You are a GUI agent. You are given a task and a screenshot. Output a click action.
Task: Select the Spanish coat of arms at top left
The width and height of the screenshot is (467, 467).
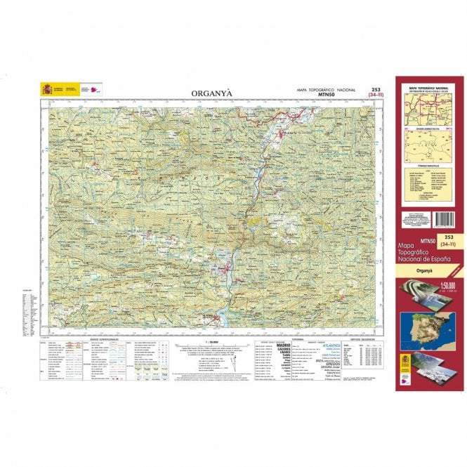tap(47, 89)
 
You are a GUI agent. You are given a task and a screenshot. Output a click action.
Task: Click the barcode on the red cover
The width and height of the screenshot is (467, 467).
tap(443, 218)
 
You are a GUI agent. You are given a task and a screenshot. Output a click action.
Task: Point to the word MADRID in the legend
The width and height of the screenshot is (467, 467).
tap(284, 346)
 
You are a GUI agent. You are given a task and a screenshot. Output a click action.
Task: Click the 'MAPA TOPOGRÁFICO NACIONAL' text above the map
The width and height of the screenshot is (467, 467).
tap(327, 90)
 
